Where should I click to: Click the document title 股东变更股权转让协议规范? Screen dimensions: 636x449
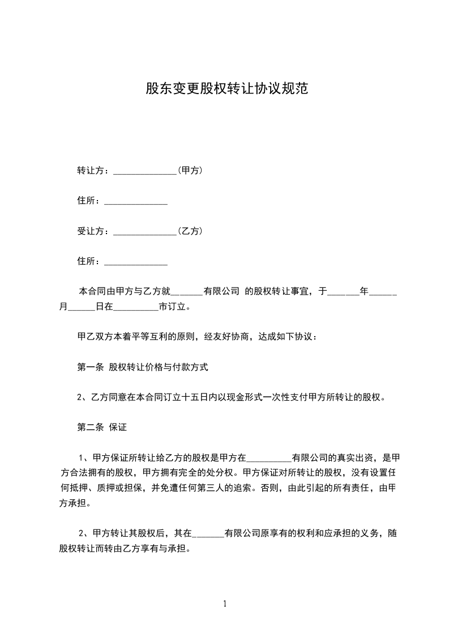point(226,89)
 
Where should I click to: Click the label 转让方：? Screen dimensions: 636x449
point(95,171)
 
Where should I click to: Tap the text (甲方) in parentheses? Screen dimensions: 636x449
point(190,171)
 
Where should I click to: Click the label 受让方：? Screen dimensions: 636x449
point(95,231)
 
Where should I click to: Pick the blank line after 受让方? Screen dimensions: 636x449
point(146,233)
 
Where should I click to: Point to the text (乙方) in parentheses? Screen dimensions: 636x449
point(190,231)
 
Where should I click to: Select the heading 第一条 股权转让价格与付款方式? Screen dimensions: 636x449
point(143,367)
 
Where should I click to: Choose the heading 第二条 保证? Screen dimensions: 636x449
point(102,428)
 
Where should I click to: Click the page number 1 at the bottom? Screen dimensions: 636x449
point(225,604)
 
